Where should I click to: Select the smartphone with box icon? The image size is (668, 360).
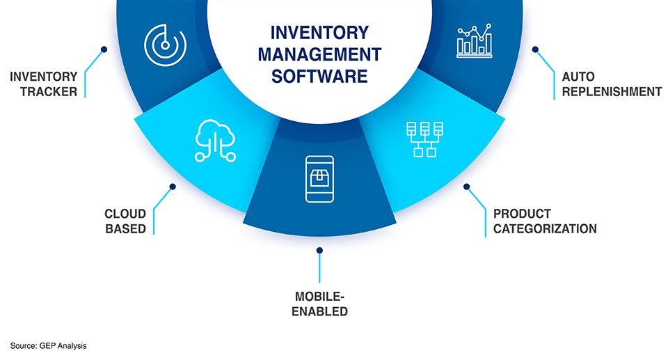(x=319, y=179)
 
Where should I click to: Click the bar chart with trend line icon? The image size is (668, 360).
(x=476, y=40)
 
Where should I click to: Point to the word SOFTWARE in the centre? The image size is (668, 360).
(x=319, y=76)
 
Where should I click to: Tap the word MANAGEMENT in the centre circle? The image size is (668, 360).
(x=319, y=54)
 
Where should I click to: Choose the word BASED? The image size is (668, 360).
(x=126, y=228)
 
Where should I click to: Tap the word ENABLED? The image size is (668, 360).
(x=319, y=311)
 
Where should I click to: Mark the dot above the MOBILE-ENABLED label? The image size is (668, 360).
(x=319, y=249)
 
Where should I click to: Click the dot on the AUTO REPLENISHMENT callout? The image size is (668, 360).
(x=535, y=49)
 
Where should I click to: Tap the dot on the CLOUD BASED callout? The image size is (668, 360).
(x=173, y=187)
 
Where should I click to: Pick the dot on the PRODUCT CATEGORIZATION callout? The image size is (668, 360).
(x=467, y=187)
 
